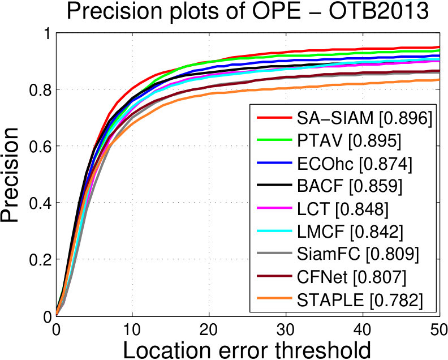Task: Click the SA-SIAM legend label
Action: tap(364, 118)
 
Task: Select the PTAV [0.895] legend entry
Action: tap(349, 140)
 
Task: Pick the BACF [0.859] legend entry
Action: tap(350, 186)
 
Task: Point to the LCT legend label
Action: tap(343, 208)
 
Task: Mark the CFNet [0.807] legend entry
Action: tap(351, 276)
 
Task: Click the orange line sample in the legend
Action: tap(274, 298)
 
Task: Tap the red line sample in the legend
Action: tap(274, 117)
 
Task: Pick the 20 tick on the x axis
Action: tap(209, 329)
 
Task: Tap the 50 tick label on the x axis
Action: tap(438, 329)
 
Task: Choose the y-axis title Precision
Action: tap(10, 174)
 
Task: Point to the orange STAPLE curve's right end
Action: tap(440, 79)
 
